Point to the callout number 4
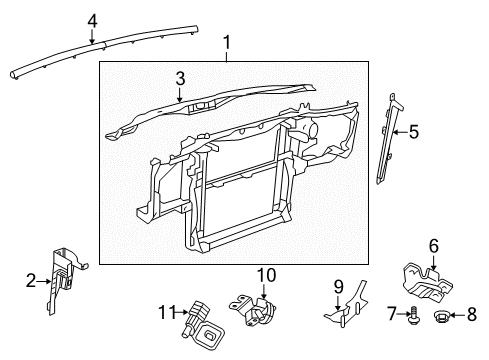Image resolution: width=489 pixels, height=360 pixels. (x=92, y=19)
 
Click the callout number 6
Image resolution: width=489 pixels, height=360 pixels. (x=434, y=245)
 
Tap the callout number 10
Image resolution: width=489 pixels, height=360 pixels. (x=265, y=275)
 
